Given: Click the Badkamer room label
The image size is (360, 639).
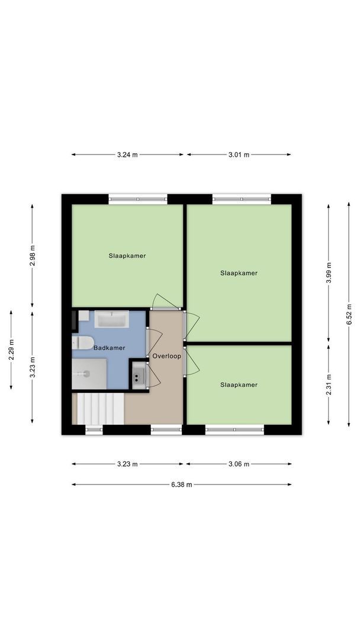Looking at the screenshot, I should coord(110,348).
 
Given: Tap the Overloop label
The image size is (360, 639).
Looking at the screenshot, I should coord(166,356).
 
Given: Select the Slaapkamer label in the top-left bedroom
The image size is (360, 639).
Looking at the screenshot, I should coord(127,256).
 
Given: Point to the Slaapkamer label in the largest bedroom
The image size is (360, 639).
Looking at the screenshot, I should coord(239,273).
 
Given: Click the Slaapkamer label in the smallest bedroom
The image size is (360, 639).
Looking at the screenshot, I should coord(239,385).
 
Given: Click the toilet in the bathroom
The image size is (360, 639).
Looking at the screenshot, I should coord(82,343).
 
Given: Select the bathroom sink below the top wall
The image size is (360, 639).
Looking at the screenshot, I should coord(112,320).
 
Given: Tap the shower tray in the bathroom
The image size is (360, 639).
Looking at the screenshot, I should coord(89,373).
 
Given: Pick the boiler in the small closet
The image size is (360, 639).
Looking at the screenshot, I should coord(139,375).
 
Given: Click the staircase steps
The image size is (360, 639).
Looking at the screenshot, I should coord(99,409).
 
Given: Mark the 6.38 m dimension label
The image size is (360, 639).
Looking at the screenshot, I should coord(181,485).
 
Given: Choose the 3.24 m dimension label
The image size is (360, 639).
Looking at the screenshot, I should coord(127,155).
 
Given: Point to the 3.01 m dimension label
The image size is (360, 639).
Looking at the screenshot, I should coord(239,155).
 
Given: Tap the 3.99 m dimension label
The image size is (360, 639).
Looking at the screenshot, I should coord(329,273).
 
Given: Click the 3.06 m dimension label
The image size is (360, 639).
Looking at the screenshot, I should coord(239,464).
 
